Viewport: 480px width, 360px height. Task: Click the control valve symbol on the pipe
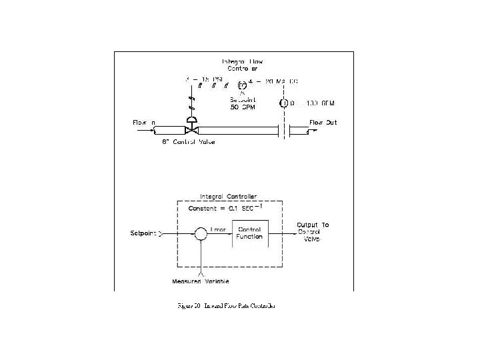191,129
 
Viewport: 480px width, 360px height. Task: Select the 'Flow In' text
145,123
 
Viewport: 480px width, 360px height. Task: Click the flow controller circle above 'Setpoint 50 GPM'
242,84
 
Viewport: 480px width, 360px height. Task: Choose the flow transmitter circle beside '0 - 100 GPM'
283,103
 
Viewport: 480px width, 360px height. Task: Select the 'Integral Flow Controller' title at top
240,65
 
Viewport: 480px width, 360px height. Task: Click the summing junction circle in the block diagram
200,233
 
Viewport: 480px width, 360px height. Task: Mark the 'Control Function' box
250,233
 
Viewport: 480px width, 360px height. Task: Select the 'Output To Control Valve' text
313,231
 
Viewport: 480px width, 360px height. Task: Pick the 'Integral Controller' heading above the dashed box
229,197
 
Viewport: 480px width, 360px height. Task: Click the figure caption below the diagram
226,305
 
